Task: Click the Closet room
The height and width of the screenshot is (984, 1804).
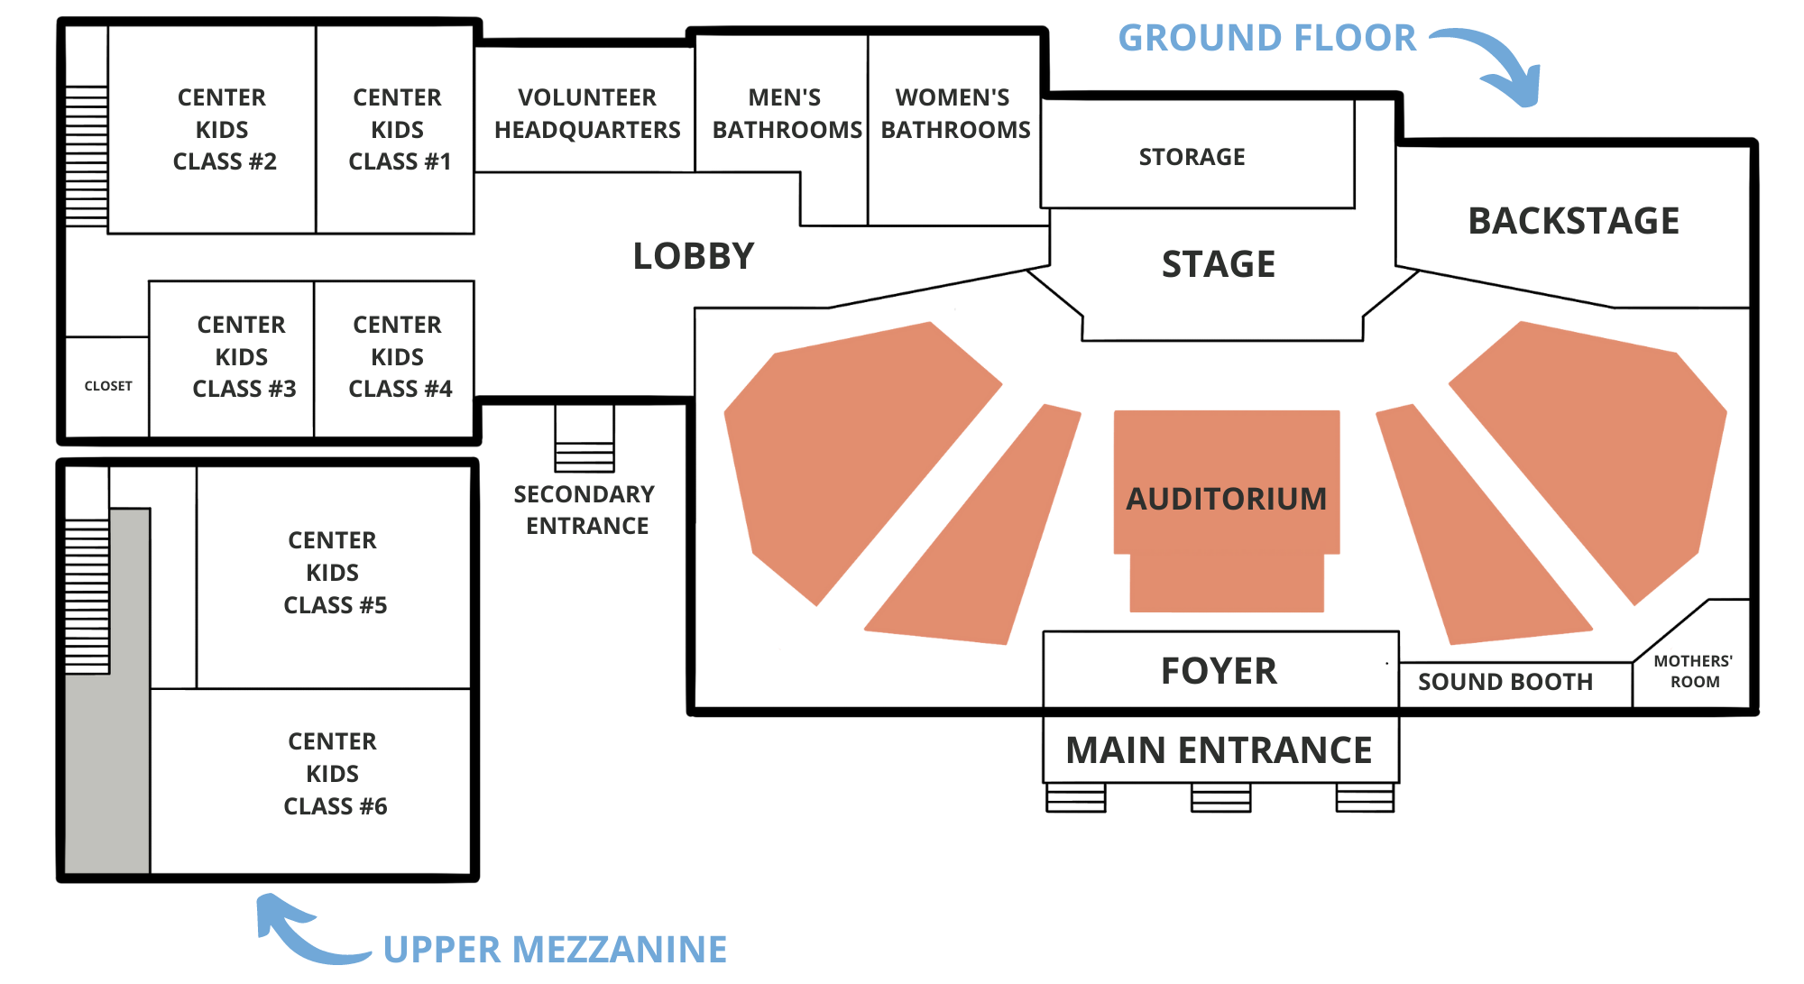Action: pyautogui.click(x=107, y=386)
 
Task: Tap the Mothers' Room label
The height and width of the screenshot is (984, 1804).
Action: pyautogui.click(x=1693, y=672)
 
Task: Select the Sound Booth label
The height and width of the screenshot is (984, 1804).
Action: pyautogui.click(x=1505, y=682)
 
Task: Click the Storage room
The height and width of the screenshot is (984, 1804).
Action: pyautogui.click(x=1192, y=157)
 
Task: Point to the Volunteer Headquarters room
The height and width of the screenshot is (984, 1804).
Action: pyautogui.click(x=586, y=113)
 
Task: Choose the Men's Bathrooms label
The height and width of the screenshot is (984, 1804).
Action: pyautogui.click(x=786, y=114)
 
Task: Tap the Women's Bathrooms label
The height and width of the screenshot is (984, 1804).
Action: pyautogui.click(x=955, y=114)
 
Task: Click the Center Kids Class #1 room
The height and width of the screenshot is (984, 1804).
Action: pyautogui.click(x=398, y=129)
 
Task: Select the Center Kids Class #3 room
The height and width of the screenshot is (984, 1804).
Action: pyautogui.click(x=242, y=356)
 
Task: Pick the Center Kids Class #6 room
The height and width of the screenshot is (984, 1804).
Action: pyautogui.click(x=334, y=774)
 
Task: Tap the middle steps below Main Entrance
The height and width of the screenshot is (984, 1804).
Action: pyautogui.click(x=1220, y=797)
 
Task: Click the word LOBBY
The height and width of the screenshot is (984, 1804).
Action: pyautogui.click(x=693, y=256)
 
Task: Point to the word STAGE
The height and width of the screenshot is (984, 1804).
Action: pyautogui.click(x=1218, y=264)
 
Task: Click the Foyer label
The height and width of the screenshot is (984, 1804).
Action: pyautogui.click(x=1219, y=671)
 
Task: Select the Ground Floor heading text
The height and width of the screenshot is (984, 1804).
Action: pyautogui.click(x=1266, y=38)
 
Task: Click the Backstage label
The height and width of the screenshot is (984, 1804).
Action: pyautogui.click(x=1573, y=221)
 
